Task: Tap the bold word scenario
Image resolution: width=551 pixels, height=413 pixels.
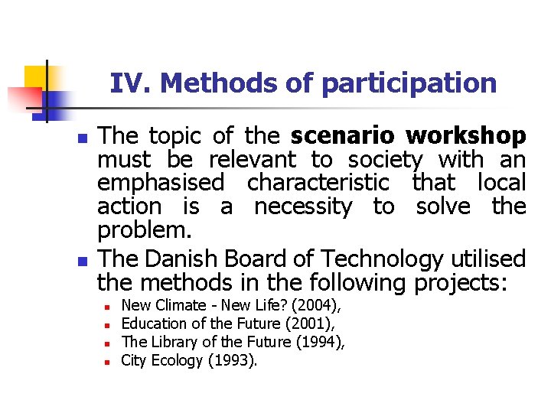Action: click(342, 136)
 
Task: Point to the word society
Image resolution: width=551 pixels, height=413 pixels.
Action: click(385, 161)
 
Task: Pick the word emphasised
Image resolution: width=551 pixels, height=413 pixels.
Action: click(161, 184)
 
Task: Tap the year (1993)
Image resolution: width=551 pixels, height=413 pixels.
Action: click(232, 360)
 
